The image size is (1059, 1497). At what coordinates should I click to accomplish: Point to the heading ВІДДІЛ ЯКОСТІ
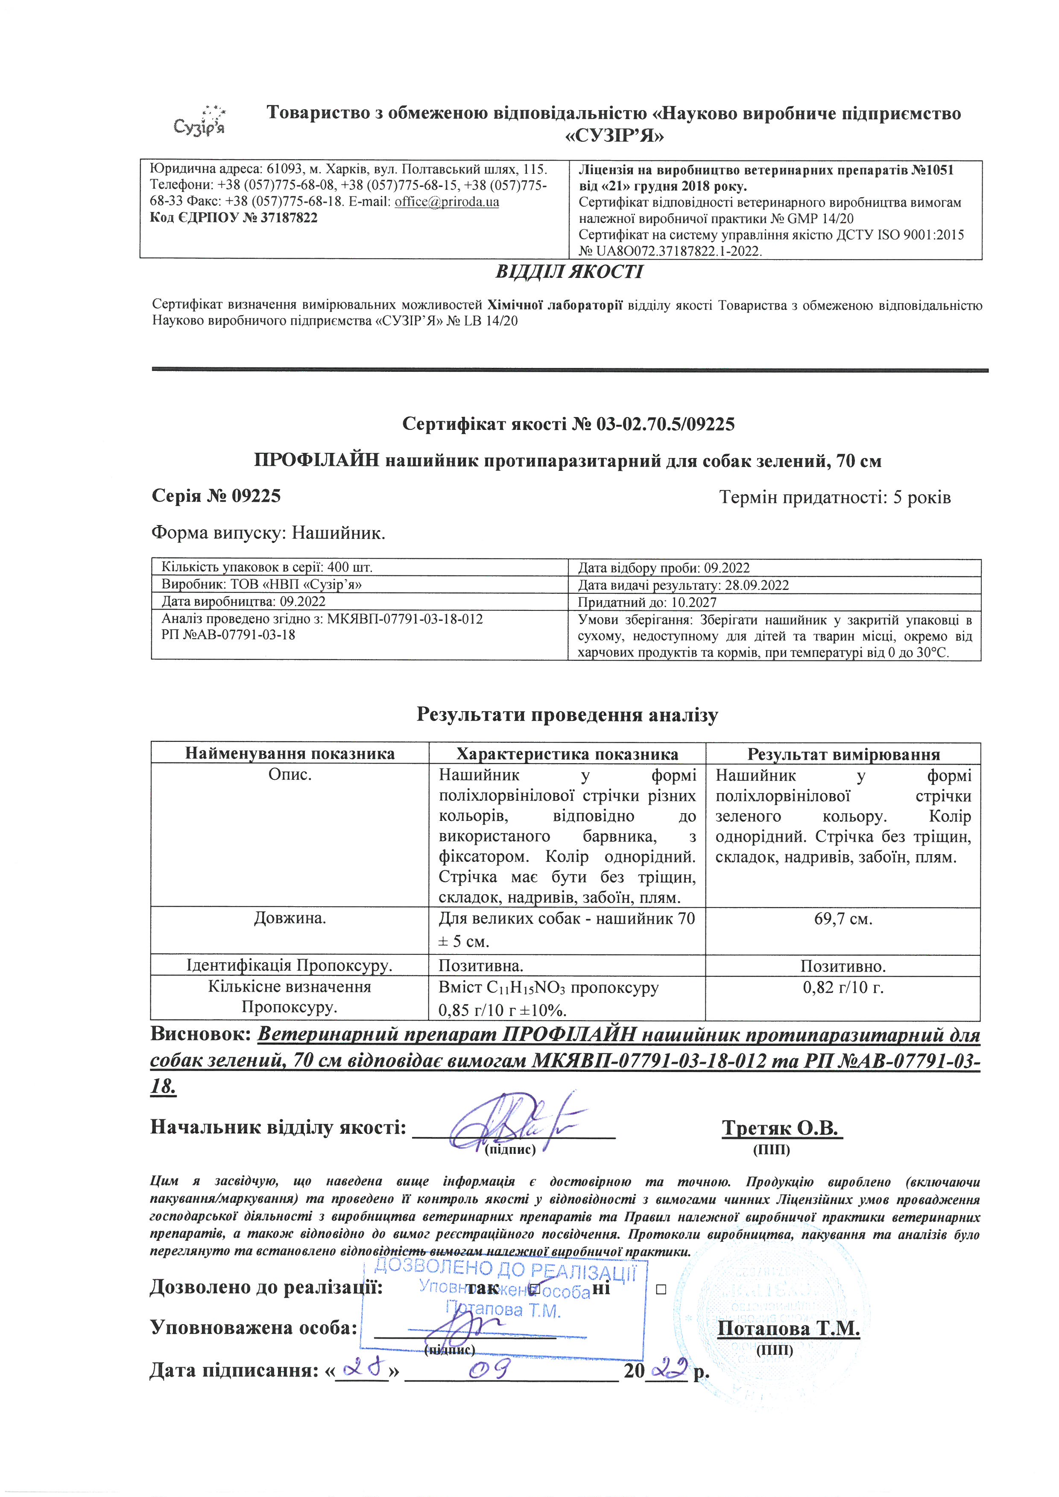(569, 272)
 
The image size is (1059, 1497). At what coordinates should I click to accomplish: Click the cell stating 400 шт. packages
(267, 567)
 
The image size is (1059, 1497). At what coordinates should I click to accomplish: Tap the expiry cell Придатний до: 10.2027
(647, 602)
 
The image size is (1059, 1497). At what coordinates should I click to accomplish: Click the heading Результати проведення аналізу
(568, 715)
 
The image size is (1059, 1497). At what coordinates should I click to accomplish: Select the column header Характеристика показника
(567, 754)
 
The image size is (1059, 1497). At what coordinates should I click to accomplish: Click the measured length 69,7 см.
(843, 919)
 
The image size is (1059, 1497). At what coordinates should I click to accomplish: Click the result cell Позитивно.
(843, 966)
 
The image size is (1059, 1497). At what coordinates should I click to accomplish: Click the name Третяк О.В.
(782, 1128)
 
